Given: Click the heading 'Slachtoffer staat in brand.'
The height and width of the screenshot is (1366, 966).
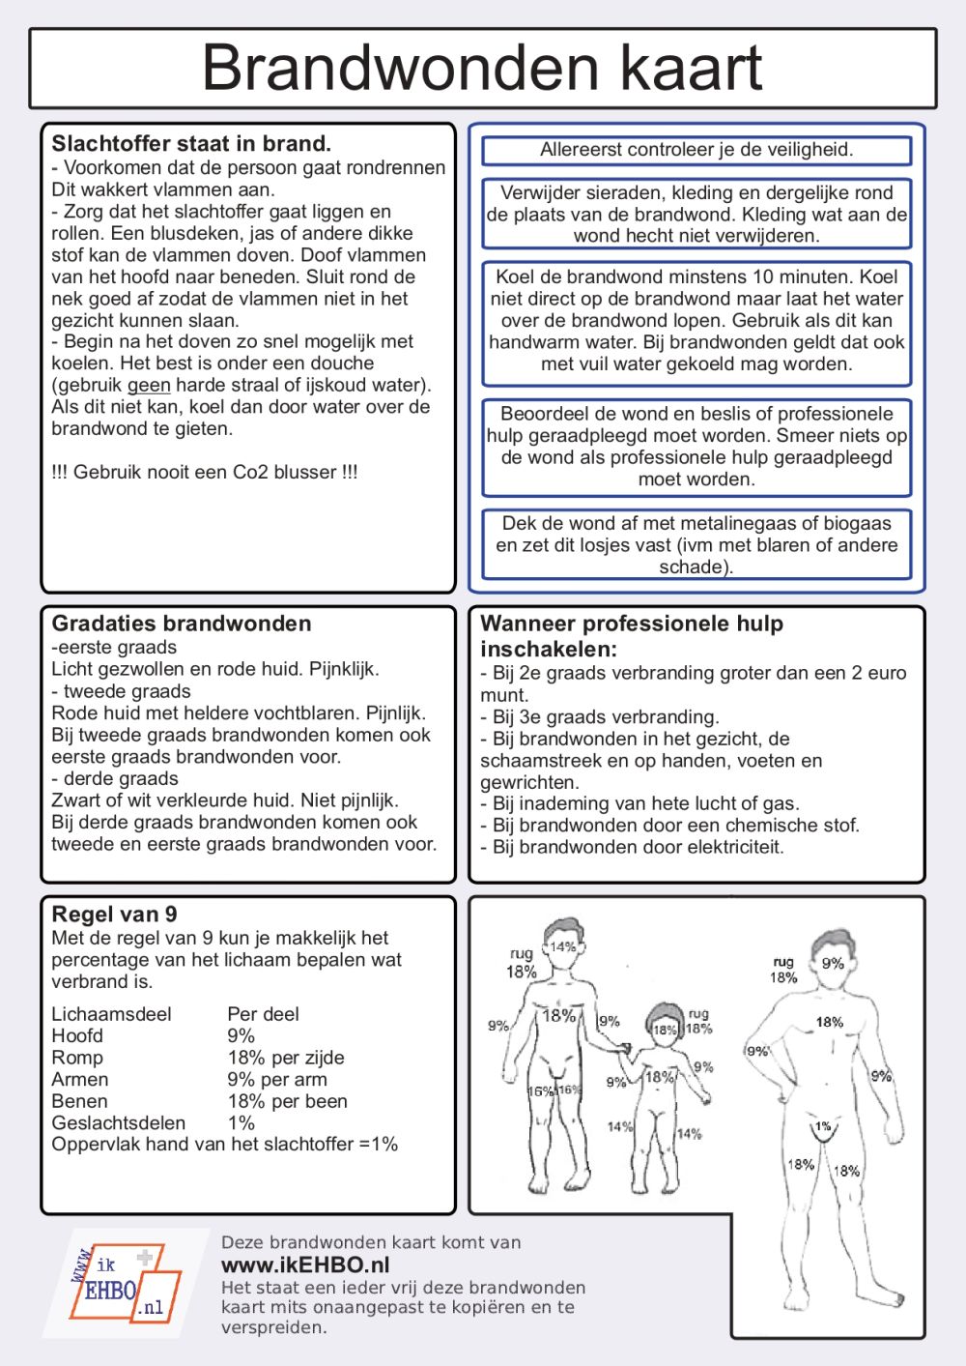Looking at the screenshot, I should (x=191, y=144).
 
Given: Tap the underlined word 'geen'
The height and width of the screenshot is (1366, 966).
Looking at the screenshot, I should (x=149, y=385).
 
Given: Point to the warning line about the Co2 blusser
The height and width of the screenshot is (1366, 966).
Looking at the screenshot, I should (x=205, y=473).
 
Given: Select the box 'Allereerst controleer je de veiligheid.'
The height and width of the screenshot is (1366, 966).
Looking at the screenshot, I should (x=696, y=150).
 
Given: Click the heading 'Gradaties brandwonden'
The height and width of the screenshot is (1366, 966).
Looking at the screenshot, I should (x=182, y=624).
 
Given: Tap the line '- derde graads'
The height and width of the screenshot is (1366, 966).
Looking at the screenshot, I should (x=115, y=779).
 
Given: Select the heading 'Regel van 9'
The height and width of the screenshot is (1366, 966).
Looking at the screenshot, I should (x=114, y=915).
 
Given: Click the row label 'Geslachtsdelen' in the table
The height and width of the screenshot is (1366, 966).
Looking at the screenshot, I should (x=118, y=1123).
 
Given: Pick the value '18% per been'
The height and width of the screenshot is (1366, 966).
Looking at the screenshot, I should (x=287, y=1101).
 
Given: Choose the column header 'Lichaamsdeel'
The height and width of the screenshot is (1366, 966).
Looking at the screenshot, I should (x=111, y=1014).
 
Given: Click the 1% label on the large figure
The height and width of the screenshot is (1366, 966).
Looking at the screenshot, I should (x=823, y=1126).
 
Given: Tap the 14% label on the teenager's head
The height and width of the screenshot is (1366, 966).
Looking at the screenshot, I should (x=562, y=946).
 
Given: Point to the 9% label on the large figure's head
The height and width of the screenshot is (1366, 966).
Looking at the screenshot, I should (x=833, y=963).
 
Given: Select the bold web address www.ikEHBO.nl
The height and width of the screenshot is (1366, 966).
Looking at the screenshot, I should (x=305, y=1265).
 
